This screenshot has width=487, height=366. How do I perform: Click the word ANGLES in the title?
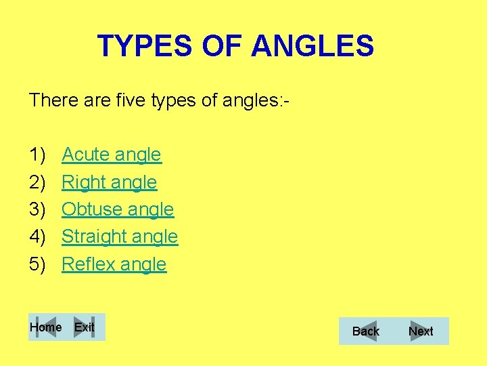[312, 46]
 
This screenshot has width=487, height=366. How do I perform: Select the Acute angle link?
[112, 155]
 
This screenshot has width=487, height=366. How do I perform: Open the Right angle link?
[109, 182]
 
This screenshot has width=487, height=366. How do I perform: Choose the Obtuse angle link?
[118, 209]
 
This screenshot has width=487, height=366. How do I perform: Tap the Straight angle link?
[120, 237]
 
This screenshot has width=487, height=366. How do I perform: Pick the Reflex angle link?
[114, 264]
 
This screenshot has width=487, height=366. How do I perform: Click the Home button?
[46, 327]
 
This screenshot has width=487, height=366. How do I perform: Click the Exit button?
[85, 327]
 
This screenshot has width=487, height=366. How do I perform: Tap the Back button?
[366, 331]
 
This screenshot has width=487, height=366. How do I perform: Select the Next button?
[421, 331]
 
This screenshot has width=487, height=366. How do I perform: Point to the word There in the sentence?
[49, 101]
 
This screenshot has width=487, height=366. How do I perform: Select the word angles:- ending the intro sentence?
[257, 101]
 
